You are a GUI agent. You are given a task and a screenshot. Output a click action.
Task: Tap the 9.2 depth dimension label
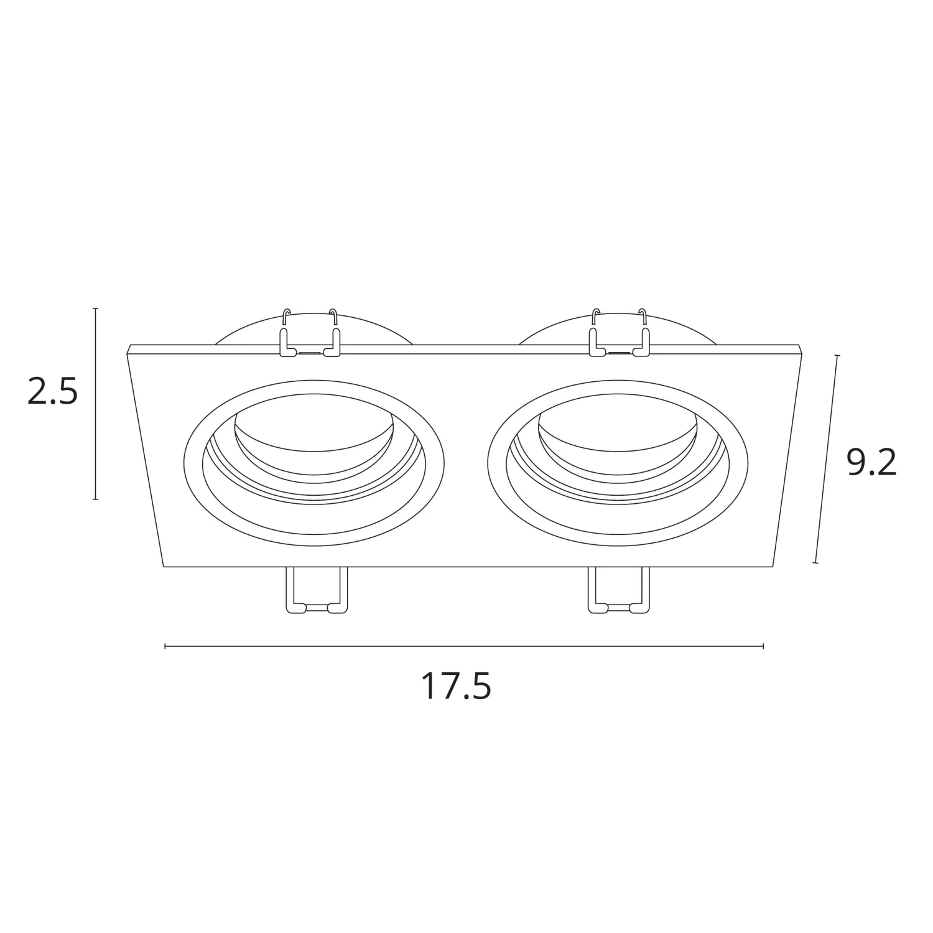pyautogui.click(x=872, y=463)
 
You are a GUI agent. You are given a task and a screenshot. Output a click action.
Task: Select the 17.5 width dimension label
pyautogui.click(x=456, y=686)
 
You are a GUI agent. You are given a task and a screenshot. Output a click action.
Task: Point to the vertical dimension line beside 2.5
pyautogui.click(x=95, y=404)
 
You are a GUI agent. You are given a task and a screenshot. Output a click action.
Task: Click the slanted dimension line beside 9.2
pyautogui.click(x=826, y=459)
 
